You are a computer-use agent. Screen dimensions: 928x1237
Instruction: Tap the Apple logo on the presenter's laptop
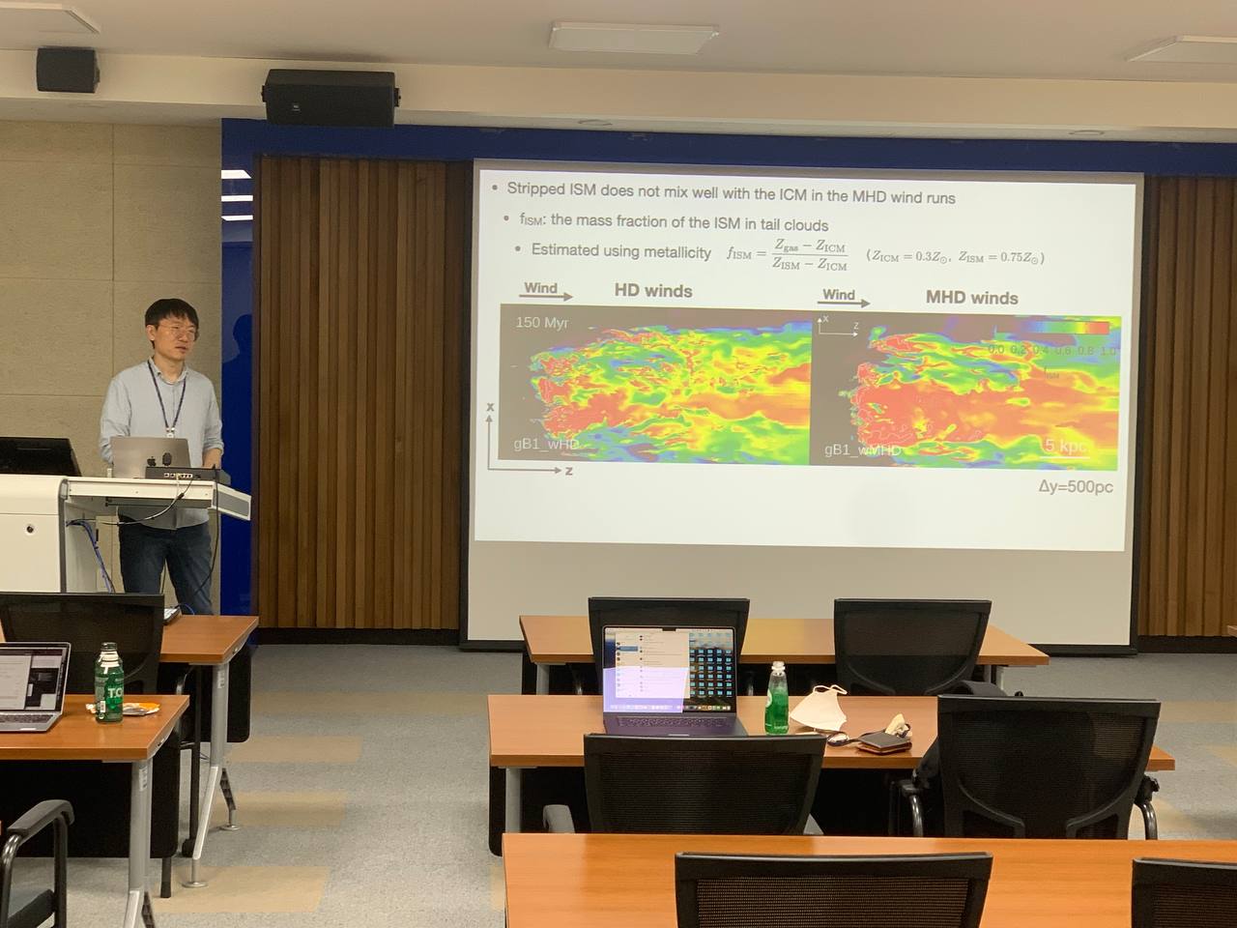(165, 455)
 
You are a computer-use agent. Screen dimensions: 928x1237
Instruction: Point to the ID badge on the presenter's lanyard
(170, 418)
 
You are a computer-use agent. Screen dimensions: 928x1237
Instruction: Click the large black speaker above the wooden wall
(330, 97)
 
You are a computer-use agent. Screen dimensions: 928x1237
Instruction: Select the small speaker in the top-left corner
(67, 70)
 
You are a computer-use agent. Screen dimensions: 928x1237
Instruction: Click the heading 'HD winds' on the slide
(653, 291)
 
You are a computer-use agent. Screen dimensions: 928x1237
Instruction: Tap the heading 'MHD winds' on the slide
(971, 298)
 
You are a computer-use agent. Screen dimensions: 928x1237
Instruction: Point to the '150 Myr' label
(541, 322)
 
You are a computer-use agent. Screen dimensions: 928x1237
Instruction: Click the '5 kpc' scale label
(1065, 446)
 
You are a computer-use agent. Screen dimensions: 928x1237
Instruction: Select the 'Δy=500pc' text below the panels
(1075, 486)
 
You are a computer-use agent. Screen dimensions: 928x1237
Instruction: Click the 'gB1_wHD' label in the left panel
(546, 444)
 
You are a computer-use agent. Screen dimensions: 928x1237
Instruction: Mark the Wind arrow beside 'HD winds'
(547, 291)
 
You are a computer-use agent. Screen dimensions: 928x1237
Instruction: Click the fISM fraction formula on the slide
(788, 255)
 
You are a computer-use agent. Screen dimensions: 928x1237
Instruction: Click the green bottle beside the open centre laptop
(777, 698)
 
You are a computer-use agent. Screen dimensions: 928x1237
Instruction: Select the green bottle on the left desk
(108, 682)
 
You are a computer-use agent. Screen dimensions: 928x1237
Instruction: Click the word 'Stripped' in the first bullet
(536, 189)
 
